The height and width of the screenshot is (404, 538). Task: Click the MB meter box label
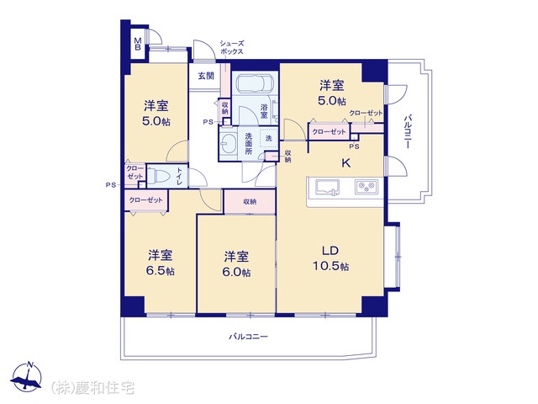pyautogui.click(x=138, y=44)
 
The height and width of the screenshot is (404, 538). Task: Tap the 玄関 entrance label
pyautogui.click(x=206, y=76)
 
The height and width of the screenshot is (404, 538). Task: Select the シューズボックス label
pyautogui.click(x=232, y=47)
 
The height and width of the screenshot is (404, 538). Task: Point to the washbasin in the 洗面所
pyautogui.click(x=228, y=142)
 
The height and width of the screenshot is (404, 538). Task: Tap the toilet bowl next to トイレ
pyautogui.click(x=159, y=177)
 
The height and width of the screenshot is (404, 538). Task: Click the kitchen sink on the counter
pyautogui.click(x=328, y=188)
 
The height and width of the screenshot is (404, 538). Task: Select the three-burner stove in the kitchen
pyautogui.click(x=367, y=187)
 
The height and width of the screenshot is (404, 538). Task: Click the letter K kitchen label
pyautogui.click(x=345, y=162)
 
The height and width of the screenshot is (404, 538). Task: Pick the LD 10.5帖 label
pyautogui.click(x=330, y=258)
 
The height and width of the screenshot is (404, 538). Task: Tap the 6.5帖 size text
pyautogui.click(x=161, y=271)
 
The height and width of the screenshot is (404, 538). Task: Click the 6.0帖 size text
pyautogui.click(x=236, y=272)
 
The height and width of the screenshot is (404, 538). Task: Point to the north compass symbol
pyautogui.click(x=26, y=377)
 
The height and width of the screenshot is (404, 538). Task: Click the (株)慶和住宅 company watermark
pyautogui.click(x=93, y=388)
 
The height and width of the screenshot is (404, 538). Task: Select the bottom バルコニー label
pyautogui.click(x=248, y=337)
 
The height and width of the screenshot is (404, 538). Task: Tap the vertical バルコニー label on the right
pyautogui.click(x=408, y=131)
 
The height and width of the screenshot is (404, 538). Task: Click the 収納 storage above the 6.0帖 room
pyautogui.click(x=250, y=202)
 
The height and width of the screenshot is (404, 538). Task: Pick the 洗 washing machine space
pyautogui.click(x=269, y=138)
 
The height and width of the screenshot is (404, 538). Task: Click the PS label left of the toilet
pyautogui.click(x=110, y=185)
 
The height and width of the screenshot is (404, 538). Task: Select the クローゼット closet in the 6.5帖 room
pyautogui.click(x=145, y=200)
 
